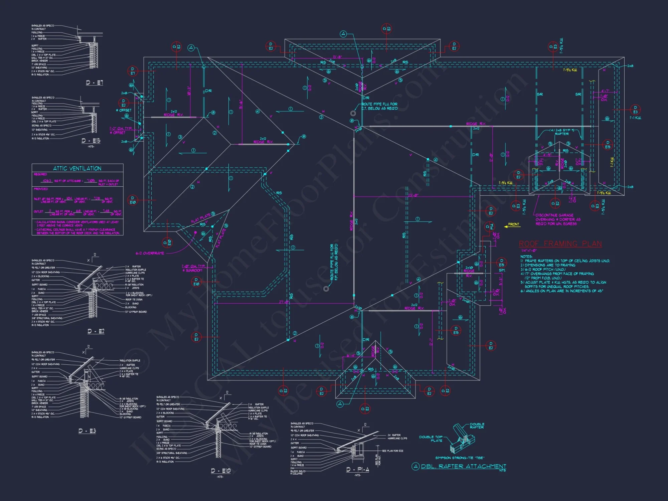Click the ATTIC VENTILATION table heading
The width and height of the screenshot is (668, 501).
click(x=77, y=169)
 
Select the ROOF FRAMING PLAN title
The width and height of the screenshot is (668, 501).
click(x=560, y=244)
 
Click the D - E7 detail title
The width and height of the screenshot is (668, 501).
click(x=95, y=82)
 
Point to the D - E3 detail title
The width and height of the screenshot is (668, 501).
click(x=87, y=431)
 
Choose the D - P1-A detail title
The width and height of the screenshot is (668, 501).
click(x=358, y=470)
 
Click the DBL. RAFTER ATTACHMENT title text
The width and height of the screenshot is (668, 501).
click(x=463, y=466)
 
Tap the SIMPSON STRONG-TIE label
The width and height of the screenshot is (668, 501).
click(x=460, y=458)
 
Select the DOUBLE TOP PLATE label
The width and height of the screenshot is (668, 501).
click(x=431, y=439)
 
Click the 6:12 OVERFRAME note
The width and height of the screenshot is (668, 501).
click(x=150, y=254)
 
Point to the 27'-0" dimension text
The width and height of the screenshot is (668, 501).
click(x=284, y=302)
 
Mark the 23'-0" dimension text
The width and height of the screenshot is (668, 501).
click(x=413, y=195)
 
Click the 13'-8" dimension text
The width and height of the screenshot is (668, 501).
click(x=337, y=57)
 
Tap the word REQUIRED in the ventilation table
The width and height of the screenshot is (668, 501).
click(x=40, y=174)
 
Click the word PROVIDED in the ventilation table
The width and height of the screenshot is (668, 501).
click(x=41, y=189)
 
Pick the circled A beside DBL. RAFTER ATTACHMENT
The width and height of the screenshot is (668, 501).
click(x=415, y=467)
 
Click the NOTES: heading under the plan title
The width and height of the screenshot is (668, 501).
click(x=526, y=257)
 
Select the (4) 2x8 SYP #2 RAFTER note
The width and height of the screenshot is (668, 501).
click(x=562, y=132)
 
